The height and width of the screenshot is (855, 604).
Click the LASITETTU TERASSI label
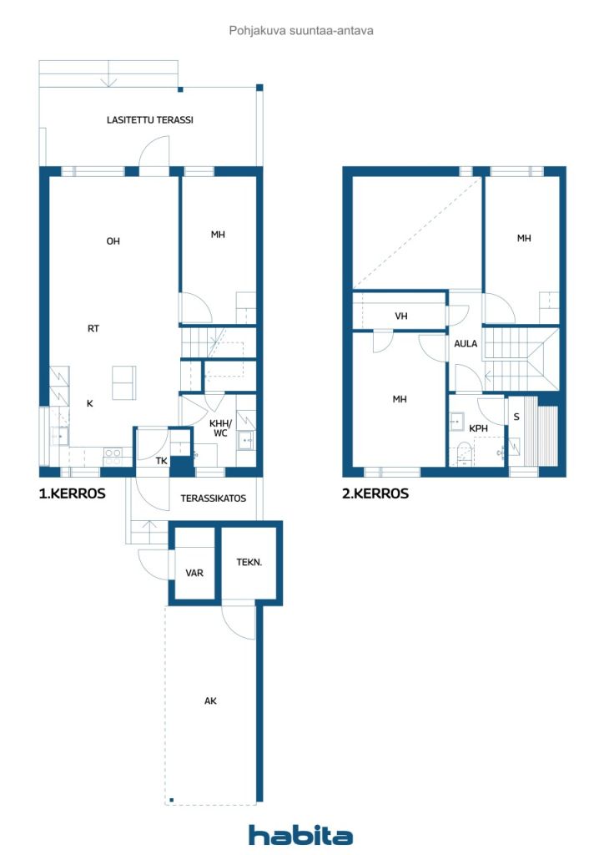pyautogui.click(x=150, y=120)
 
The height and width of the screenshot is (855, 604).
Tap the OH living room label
pyautogui.click(x=113, y=241)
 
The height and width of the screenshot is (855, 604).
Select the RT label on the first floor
pyautogui.click(x=93, y=328)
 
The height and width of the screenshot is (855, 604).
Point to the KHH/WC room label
pyautogui.click(x=220, y=428)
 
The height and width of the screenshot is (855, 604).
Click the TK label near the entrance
pyautogui.click(x=161, y=461)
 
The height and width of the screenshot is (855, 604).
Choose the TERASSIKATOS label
pyautogui.click(x=213, y=498)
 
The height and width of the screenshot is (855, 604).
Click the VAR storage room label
pyautogui.click(x=194, y=573)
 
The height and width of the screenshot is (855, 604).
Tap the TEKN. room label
pyautogui.click(x=249, y=562)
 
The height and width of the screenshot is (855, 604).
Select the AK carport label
pyautogui.click(x=210, y=701)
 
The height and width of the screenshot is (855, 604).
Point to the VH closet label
pyautogui.click(x=400, y=316)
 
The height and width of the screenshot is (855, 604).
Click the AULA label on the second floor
pyautogui.click(x=466, y=343)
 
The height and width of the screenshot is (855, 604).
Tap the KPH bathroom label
pyautogui.click(x=478, y=428)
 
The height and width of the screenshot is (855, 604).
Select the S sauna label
pyautogui.click(x=516, y=417)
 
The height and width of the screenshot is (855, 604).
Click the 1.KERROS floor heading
pyautogui.click(x=73, y=493)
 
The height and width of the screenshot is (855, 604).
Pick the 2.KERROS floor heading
pyautogui.click(x=375, y=493)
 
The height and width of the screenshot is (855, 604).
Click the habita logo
pyautogui.click(x=300, y=835)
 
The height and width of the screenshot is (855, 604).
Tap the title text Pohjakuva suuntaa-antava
pyautogui.click(x=301, y=31)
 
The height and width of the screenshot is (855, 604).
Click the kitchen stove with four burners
pyautogui.click(x=113, y=457)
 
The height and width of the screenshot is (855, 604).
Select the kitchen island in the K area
pyautogui.click(x=123, y=382)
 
